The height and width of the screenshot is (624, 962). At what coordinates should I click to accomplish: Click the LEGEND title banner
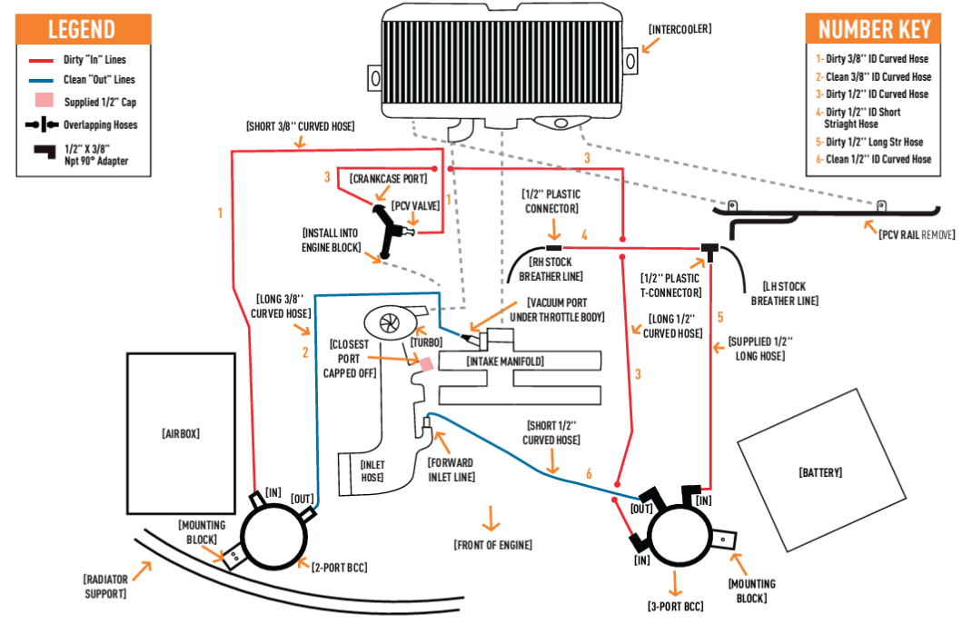[x=84, y=29]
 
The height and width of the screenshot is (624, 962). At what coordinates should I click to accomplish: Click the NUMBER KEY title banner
[x=873, y=29]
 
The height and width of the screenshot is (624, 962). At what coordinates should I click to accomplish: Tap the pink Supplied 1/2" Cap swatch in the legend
[x=45, y=101]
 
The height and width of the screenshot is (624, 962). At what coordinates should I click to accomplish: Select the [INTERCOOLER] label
[x=679, y=29]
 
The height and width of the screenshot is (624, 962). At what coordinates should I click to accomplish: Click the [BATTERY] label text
[x=820, y=472]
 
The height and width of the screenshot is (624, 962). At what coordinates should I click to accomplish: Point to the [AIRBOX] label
[x=181, y=434]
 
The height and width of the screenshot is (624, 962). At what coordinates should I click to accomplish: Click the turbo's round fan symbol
[x=389, y=322]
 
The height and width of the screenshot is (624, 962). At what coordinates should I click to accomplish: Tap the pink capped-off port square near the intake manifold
[x=426, y=364]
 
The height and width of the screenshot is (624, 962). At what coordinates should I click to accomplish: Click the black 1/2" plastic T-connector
[x=709, y=252]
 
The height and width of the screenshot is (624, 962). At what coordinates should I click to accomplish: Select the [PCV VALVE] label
[x=416, y=206]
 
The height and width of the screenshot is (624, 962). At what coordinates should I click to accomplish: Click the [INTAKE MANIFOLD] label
[x=505, y=362]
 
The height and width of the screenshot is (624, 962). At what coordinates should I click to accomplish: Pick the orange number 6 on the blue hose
[x=589, y=473]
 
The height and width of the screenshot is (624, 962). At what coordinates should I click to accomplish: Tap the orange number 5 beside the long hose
[x=720, y=317]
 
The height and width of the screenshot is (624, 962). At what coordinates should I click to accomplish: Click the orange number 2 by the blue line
[x=305, y=352]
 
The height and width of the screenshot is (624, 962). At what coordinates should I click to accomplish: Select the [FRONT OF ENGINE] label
[x=492, y=545]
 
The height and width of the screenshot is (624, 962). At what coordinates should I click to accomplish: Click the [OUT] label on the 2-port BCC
[x=302, y=499]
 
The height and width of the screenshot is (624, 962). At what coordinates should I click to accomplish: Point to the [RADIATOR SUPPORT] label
[x=104, y=586]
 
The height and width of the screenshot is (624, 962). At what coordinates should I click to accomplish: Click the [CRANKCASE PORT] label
[x=389, y=179]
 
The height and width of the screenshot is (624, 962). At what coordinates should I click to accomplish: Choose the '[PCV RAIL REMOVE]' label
[x=917, y=234]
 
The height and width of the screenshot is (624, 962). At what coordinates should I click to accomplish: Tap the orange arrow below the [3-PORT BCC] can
[x=676, y=584]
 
